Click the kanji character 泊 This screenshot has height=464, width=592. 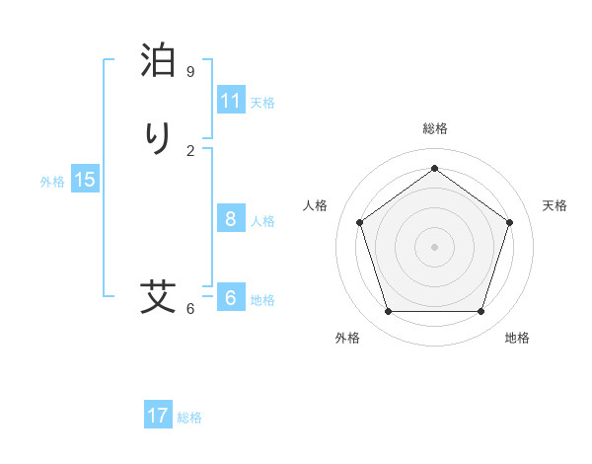tap(159, 60)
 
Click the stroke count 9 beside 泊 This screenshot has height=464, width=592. tap(190, 71)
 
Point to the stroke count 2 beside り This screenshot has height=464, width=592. tap(190, 150)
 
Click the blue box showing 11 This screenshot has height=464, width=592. tap(231, 101)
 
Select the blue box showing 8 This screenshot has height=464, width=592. tap(231, 219)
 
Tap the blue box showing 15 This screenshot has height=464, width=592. tap(85, 180)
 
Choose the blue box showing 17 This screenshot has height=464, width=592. tap(158, 416)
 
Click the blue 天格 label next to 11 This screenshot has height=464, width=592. tap(262, 103)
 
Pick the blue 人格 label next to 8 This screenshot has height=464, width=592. tap(262, 221)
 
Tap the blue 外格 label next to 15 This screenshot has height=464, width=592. tap(52, 182)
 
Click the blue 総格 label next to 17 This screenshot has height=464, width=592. tap(189, 418)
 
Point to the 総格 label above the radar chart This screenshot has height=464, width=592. tap(435, 128)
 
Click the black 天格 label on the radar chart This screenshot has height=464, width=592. tap(555, 205)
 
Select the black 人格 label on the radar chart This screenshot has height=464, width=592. tap(316, 205)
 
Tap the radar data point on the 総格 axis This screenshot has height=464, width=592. tap(434, 169)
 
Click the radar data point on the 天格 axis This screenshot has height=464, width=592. tap(509, 222)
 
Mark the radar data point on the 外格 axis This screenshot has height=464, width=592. tap(388, 312)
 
